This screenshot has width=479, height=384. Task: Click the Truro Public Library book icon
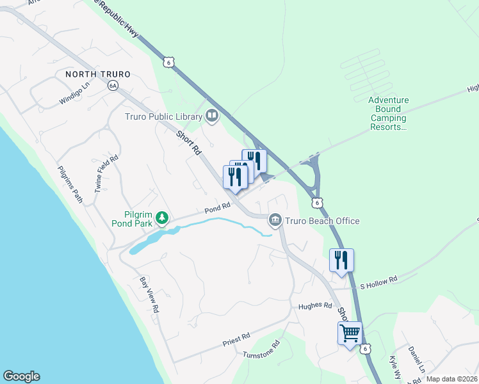click(212, 116)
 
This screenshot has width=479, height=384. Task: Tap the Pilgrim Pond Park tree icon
click(163, 218)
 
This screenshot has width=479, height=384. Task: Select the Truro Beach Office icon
click(275, 221)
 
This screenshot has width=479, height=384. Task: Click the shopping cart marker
click(350, 333)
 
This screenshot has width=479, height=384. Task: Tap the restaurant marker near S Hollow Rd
click(341, 260)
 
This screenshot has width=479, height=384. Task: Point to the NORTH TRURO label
click(97, 74)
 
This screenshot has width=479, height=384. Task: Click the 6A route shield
click(113, 85)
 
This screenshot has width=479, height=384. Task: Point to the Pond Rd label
click(217, 209)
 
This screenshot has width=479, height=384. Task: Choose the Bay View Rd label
click(149, 295)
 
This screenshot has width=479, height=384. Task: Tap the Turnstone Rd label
click(261, 348)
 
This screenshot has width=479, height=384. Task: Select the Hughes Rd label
click(315, 306)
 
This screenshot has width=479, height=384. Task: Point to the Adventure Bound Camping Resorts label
click(388, 113)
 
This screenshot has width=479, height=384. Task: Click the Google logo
click(21, 376)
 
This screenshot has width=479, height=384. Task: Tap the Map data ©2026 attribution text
click(451, 379)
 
